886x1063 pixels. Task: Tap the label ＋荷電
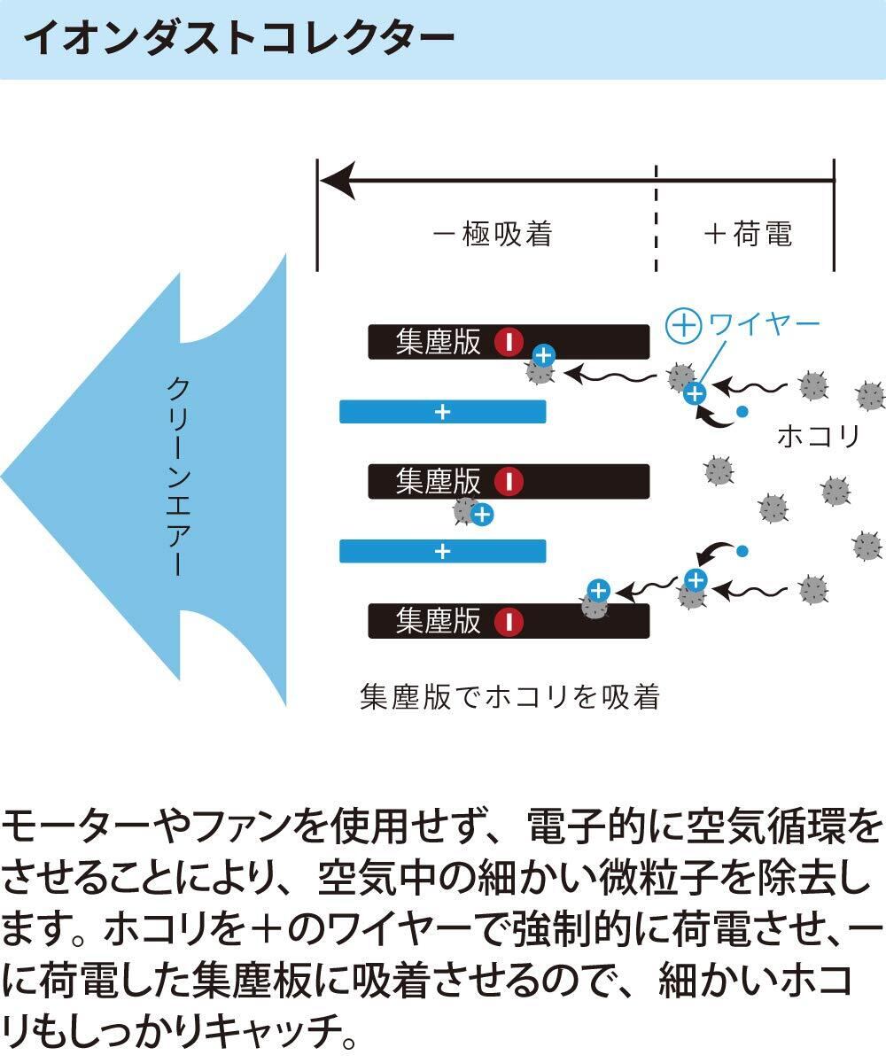click(747, 234)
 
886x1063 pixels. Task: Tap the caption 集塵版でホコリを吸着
click(509, 696)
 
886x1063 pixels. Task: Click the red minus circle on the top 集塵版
click(509, 343)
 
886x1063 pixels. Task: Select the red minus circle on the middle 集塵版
click(509, 482)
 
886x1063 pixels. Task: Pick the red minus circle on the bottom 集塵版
click(509, 621)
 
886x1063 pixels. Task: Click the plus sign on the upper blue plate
click(443, 412)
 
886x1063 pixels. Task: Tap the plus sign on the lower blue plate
click(443, 551)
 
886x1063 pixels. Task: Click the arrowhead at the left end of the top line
click(335, 181)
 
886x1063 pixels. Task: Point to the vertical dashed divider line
click(657, 217)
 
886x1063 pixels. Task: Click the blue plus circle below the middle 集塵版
click(481, 515)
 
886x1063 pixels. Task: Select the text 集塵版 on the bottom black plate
click(439, 621)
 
